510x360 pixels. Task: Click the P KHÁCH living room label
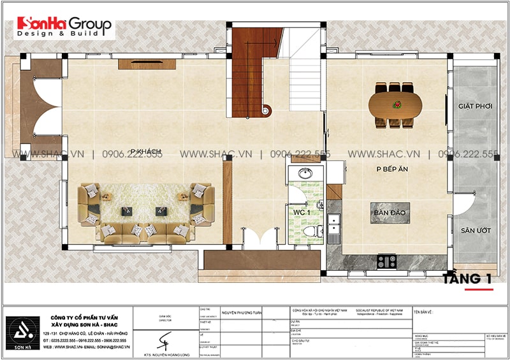pos(146,151)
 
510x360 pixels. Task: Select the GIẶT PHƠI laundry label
pos(475,106)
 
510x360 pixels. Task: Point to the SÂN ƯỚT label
pos(475,230)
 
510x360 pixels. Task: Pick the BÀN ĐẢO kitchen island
pos(391,212)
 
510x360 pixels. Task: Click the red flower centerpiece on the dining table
pos(395,104)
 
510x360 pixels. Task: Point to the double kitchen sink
pos(333,224)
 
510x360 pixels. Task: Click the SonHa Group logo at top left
pos(64,26)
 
